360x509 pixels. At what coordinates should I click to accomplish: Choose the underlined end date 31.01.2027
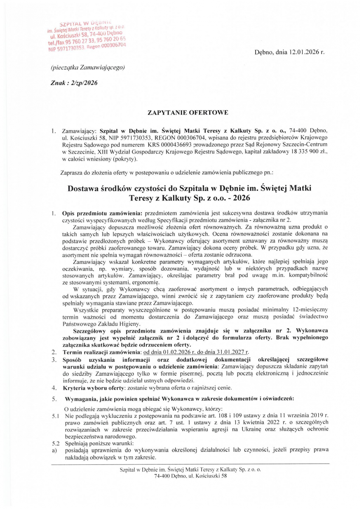coord(232,352)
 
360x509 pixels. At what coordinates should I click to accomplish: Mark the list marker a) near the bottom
coord(54,450)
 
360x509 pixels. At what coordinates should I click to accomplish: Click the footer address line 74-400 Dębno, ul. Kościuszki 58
coord(191,476)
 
